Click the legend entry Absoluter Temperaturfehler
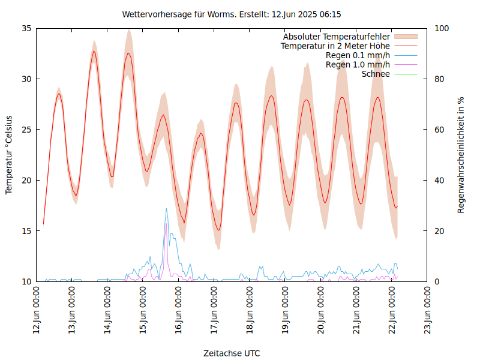tap(336, 37)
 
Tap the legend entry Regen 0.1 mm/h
tap(358, 55)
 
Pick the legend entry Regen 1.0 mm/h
tap(358, 65)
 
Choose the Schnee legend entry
tap(376, 74)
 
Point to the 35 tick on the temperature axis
tap(27, 28)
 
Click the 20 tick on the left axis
tap(27, 180)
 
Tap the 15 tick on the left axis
tap(27, 231)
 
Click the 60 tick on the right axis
tap(439, 130)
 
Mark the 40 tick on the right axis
tap(439, 180)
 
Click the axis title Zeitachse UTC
tap(232, 353)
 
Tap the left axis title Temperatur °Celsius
tap(9, 154)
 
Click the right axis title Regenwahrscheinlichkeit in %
tap(461, 154)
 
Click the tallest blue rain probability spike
tap(166, 209)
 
